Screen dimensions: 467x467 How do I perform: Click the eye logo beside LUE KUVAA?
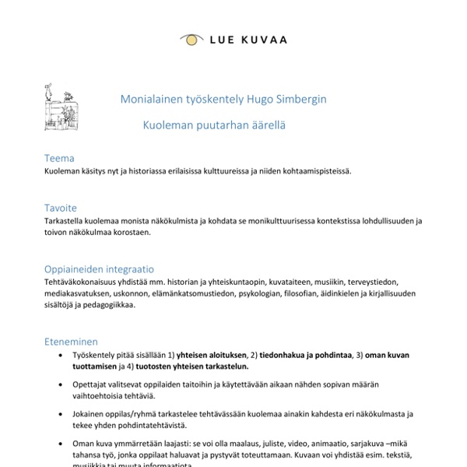coord(189,38)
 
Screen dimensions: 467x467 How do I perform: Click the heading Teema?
coord(59,158)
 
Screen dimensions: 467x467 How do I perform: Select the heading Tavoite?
coord(61,208)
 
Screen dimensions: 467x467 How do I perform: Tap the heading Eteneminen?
coord(72,341)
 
